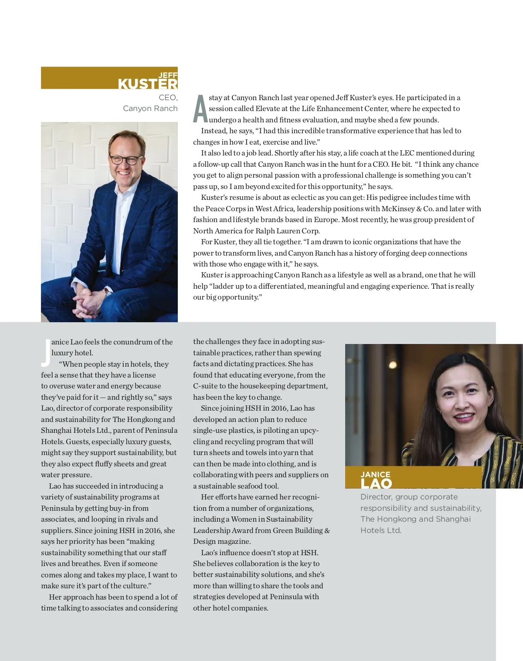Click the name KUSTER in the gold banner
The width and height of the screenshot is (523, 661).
pyautogui.click(x=147, y=83)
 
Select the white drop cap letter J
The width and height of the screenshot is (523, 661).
pyautogui.click(x=45, y=352)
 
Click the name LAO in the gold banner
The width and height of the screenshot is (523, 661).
pyautogui.click(x=376, y=483)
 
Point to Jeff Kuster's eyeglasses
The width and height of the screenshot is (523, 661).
pyautogui.click(x=126, y=160)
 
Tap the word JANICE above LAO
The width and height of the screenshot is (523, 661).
pyautogui.click(x=375, y=474)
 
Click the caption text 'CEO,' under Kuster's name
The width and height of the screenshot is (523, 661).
pyautogui.click(x=168, y=98)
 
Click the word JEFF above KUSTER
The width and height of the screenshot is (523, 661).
pyautogui.click(x=168, y=75)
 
